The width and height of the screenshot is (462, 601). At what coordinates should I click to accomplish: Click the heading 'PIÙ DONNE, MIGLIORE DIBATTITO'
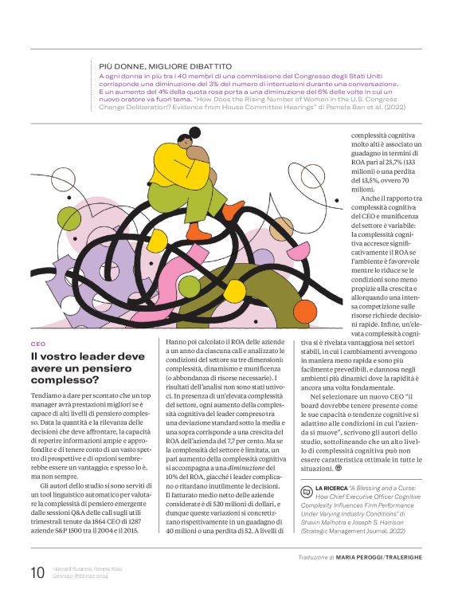coord(165,65)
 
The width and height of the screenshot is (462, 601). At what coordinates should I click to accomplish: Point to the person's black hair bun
coord(194,132)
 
